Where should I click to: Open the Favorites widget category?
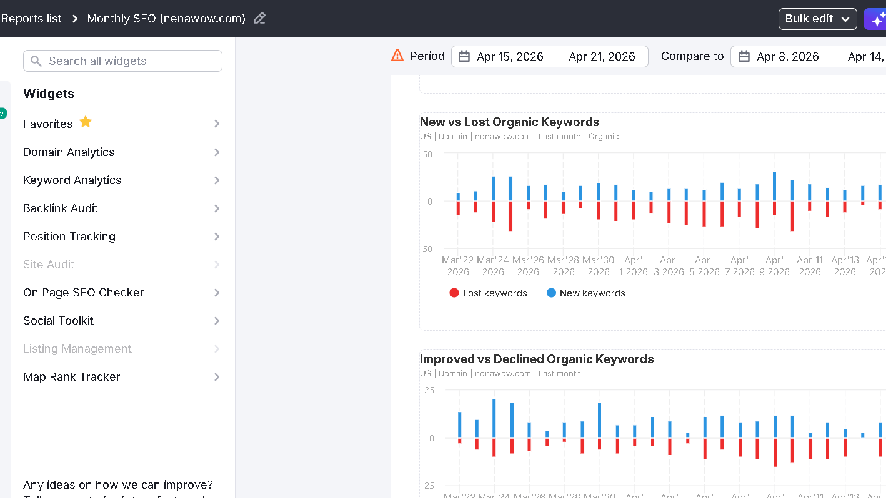48,124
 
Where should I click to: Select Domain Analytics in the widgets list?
69,152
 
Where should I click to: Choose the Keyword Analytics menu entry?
72,180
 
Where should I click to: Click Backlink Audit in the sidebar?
61,208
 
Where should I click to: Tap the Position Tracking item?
69,237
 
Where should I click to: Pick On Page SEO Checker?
84,293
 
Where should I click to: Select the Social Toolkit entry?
59,321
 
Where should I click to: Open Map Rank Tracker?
72,377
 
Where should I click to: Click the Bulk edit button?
817,19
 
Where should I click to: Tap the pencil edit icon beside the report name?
260,19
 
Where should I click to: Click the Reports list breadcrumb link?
31,19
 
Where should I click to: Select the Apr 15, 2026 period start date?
510,57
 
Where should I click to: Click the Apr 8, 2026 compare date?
787,57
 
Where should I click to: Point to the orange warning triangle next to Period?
397,56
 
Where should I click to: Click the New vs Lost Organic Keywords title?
509,122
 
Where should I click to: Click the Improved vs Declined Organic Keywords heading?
537,359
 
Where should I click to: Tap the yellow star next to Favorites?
86,122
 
